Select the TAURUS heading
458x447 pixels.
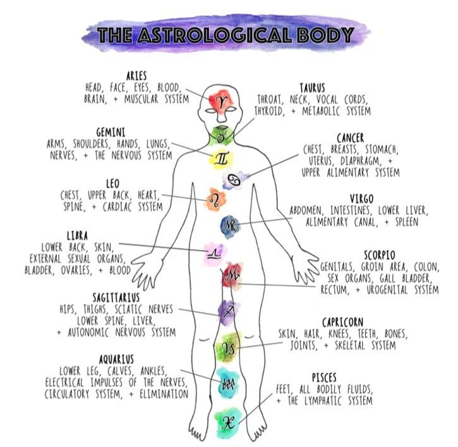click(312, 88)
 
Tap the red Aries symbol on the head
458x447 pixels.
click(220, 102)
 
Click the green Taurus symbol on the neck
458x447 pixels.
click(221, 135)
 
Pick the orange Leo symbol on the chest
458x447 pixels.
click(215, 199)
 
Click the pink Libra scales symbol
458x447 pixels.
click(213, 254)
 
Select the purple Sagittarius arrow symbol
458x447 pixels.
click(229, 310)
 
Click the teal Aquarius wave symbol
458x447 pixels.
click(227, 383)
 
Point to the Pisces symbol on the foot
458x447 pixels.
click(227, 423)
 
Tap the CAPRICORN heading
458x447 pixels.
click(342, 322)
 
